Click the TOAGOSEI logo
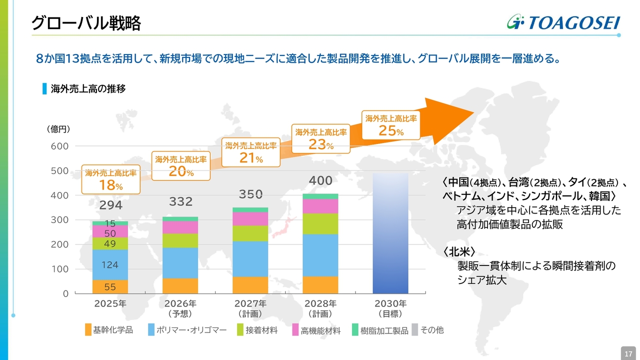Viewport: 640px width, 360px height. coord(563,22)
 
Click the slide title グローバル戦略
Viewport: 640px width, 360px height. coord(86,23)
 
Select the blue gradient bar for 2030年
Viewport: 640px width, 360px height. coord(390,233)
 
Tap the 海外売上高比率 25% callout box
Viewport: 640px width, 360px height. coord(391,125)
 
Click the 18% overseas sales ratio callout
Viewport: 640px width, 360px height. coord(110,180)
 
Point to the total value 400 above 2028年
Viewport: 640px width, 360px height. coord(320,180)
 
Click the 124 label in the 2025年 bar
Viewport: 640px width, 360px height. coord(110,265)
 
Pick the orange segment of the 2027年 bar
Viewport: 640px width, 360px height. coord(250,285)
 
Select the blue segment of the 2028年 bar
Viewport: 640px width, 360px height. coord(320,255)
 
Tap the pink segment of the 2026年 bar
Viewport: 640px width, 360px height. coord(180,227)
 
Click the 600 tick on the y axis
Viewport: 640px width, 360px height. coord(59,146)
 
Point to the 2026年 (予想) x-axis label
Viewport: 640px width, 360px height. coord(180,308)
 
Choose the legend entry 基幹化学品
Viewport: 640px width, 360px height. coord(109,330)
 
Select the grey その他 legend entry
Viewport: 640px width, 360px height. coord(427,330)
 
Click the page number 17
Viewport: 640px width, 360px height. coord(628,353)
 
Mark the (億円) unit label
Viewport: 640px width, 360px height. coord(58,129)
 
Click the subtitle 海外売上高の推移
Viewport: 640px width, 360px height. coord(88,89)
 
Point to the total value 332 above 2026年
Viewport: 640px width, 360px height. coord(180,201)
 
